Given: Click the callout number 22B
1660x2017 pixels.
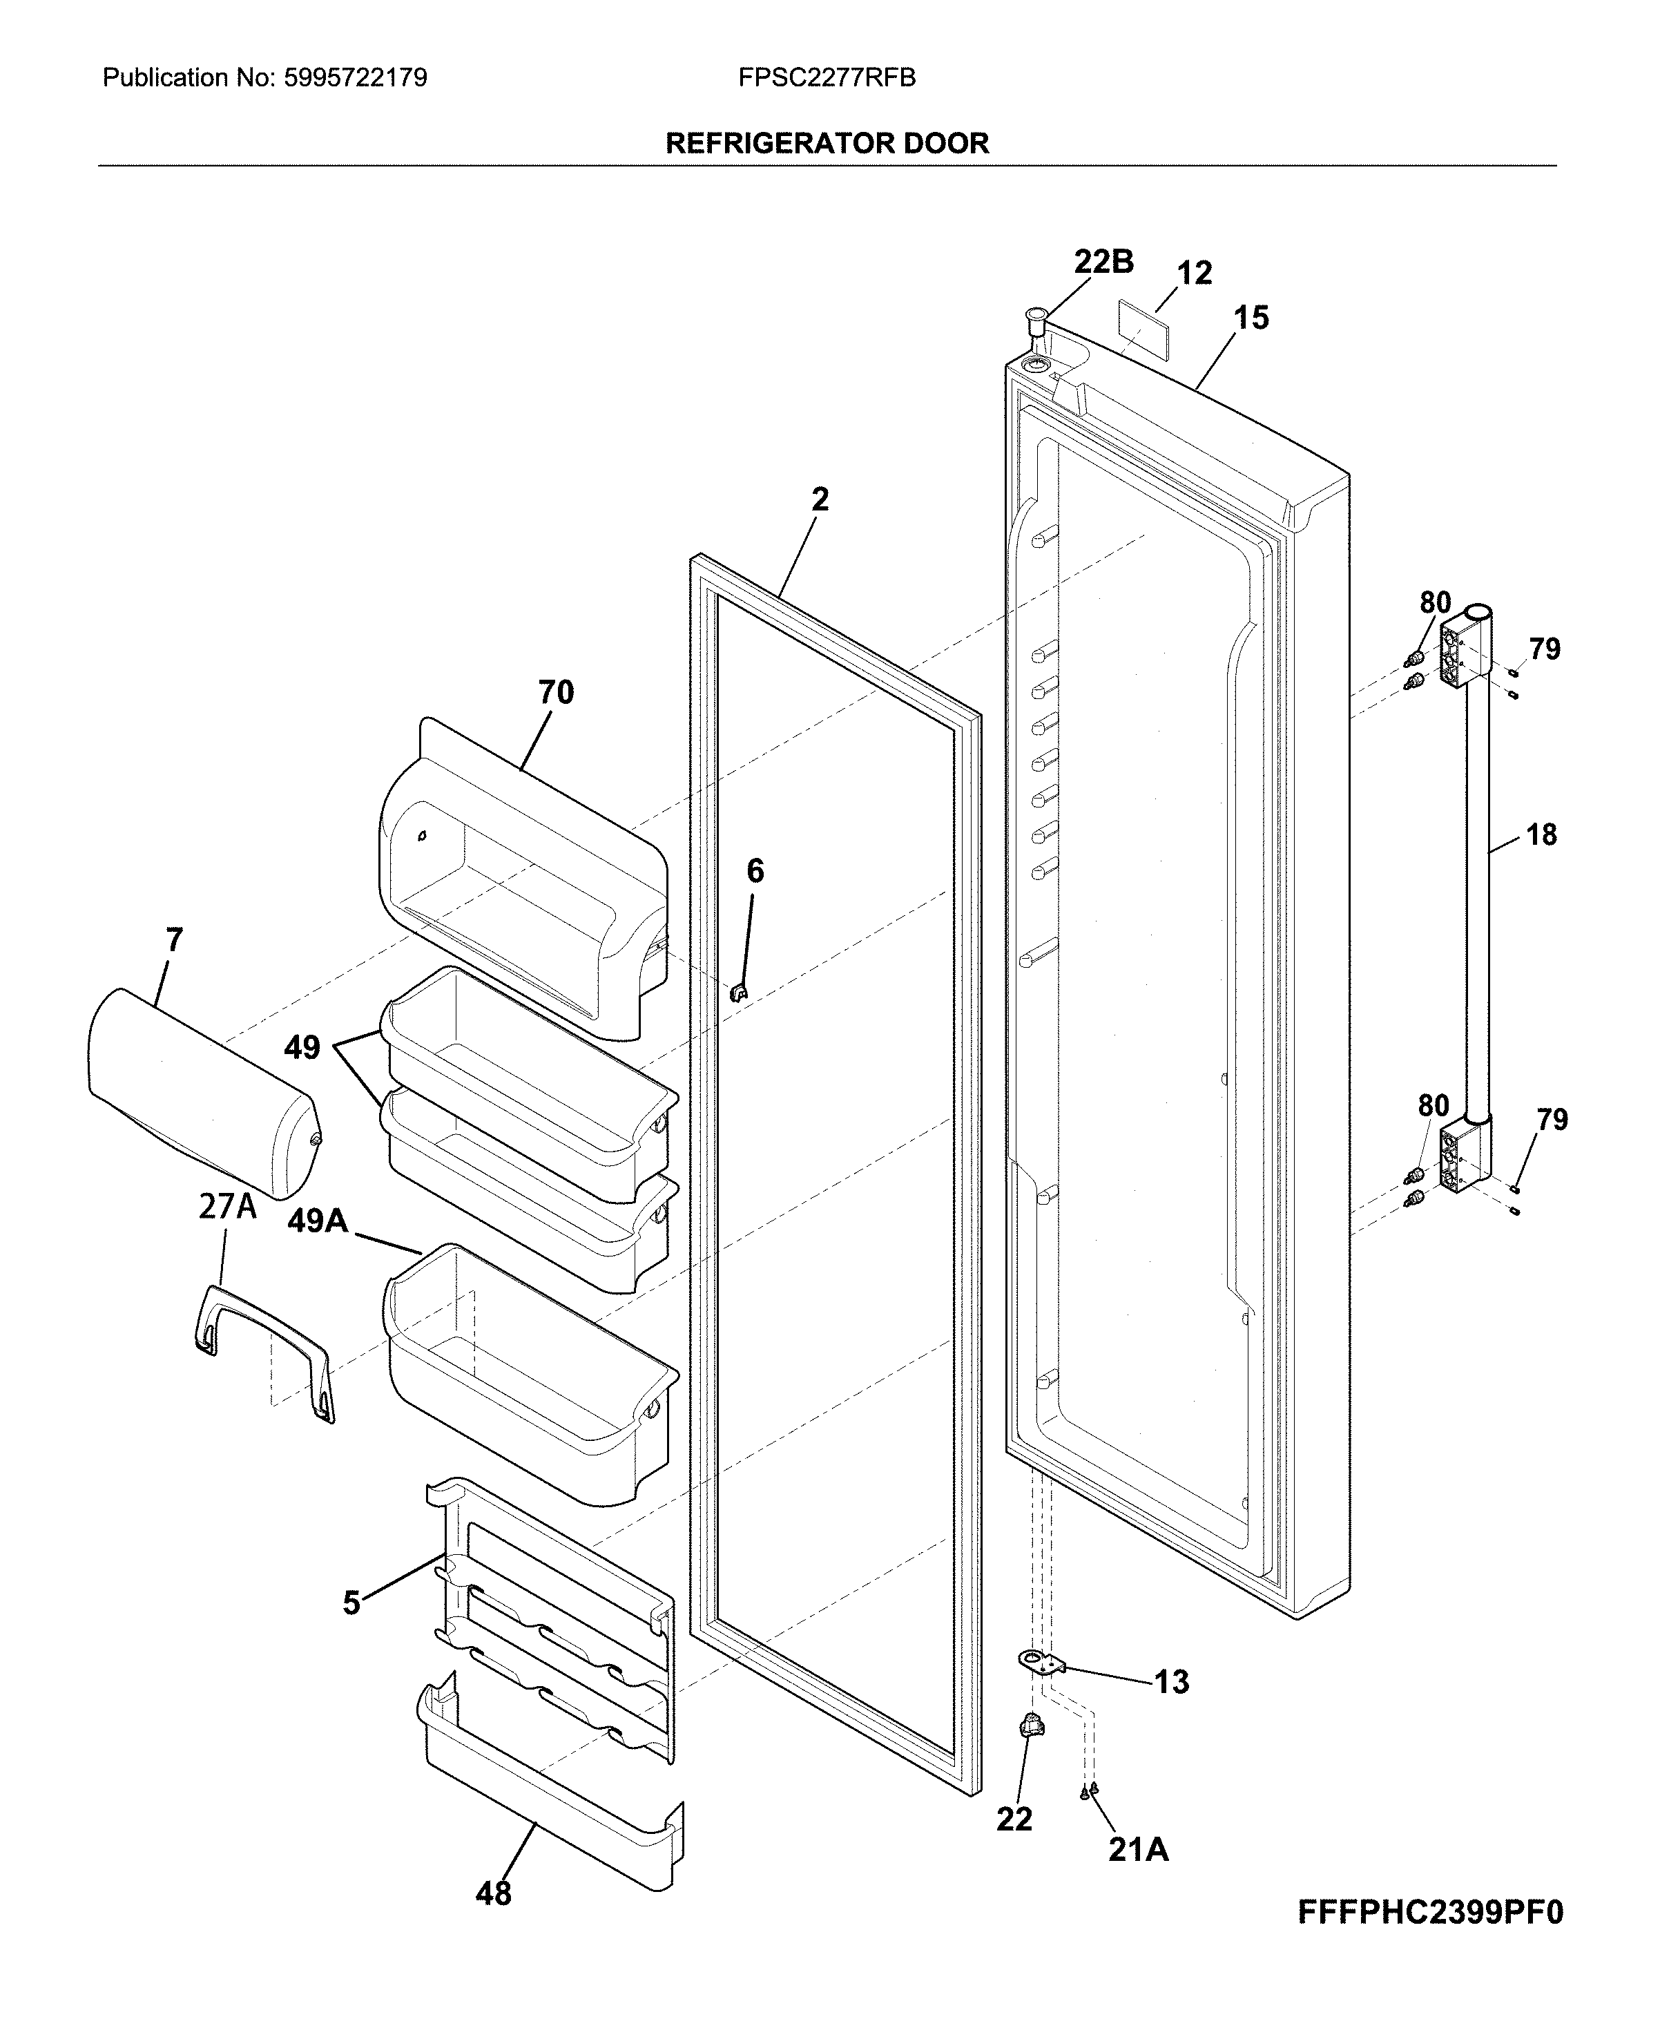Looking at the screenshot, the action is [1103, 261].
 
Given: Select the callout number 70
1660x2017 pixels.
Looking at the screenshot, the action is [556, 691].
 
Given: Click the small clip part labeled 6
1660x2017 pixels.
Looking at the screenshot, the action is [738, 993].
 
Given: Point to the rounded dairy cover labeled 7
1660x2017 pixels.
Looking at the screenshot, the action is [204, 1093].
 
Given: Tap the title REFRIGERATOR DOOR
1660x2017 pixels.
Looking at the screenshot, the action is [827, 144].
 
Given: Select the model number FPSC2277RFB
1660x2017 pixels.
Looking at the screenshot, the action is [827, 77].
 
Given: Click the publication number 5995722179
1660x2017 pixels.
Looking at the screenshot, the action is [356, 77].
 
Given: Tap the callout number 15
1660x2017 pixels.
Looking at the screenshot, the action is [1251, 318].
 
